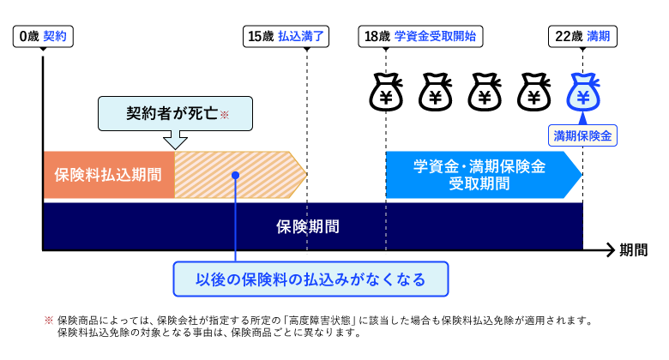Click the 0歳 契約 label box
pos(42,36)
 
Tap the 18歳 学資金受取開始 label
pos(419,36)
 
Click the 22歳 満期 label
pos(582,36)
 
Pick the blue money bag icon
pos(583,93)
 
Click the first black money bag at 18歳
pos(386,93)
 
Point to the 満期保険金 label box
pos(584,135)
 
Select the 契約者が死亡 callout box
pos(165,112)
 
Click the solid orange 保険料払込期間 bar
pos(108,175)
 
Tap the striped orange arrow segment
pos(240,175)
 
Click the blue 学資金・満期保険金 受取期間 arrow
pos(480,175)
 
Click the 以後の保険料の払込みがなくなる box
pos(310,279)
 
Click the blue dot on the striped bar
pos(235,175)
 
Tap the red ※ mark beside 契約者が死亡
pos(225,114)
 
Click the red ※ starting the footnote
pos(49,321)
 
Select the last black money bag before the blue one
pos(533,93)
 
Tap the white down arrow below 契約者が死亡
pos(175,138)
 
